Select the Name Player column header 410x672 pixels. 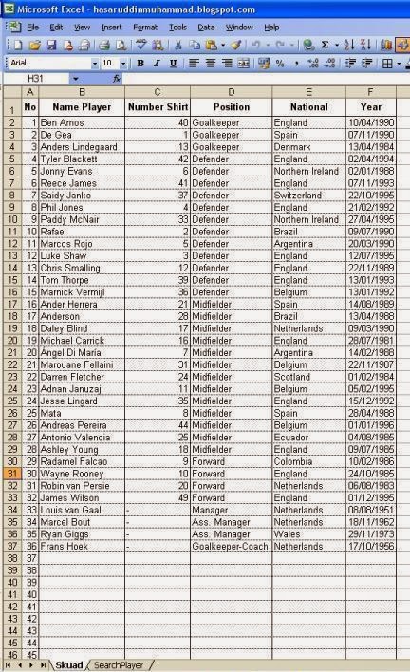(x=82, y=107)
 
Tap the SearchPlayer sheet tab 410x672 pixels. (x=123, y=664)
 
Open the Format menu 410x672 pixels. (x=145, y=28)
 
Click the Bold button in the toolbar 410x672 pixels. (x=140, y=63)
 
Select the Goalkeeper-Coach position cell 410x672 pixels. (x=229, y=547)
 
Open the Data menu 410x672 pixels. (x=206, y=28)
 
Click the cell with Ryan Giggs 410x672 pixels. (x=65, y=534)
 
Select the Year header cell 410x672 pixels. (x=370, y=107)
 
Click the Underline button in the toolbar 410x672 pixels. (x=172, y=63)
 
